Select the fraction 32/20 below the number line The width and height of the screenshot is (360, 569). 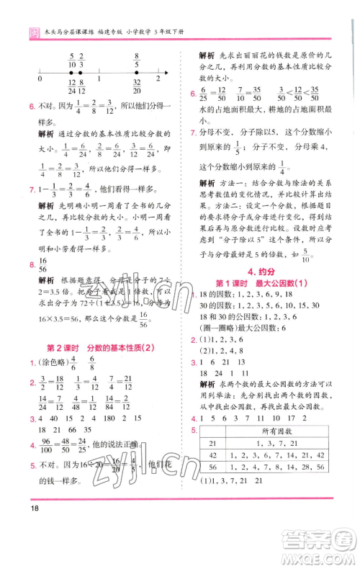[x=136, y=88]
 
